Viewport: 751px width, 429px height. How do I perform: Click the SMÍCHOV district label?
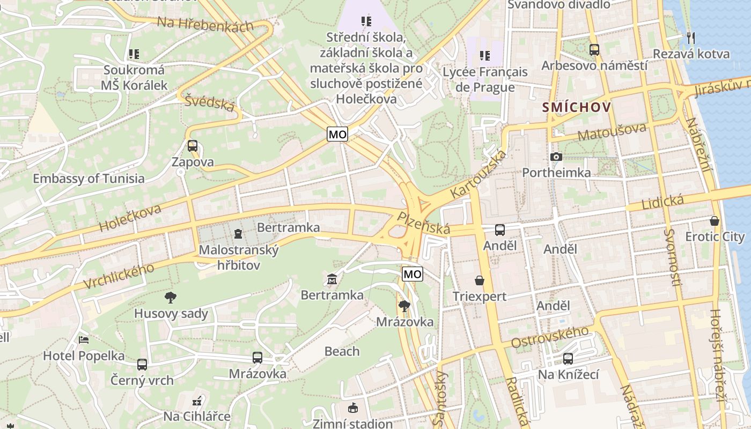576,107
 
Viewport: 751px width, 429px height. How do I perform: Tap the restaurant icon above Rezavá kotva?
691,38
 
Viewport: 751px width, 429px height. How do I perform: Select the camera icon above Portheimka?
556,157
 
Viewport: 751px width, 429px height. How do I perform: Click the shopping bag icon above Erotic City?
715,220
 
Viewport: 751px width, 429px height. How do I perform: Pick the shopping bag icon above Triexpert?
479,280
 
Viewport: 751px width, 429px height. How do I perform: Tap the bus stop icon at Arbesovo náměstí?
594,50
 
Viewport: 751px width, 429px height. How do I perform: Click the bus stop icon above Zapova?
193,146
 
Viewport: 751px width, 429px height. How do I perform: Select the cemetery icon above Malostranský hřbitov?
238,234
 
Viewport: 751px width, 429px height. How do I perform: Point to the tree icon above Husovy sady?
171,297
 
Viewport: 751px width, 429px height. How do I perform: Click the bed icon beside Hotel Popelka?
84,339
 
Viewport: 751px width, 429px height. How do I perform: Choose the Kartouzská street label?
478,174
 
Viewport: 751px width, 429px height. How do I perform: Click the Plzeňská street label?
423,223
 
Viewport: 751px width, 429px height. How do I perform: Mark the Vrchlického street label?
120,276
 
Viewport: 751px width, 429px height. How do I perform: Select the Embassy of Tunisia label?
89,179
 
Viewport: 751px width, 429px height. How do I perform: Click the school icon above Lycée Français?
485,55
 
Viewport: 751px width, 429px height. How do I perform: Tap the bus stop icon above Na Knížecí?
568,359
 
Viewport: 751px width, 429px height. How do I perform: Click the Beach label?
342,351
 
